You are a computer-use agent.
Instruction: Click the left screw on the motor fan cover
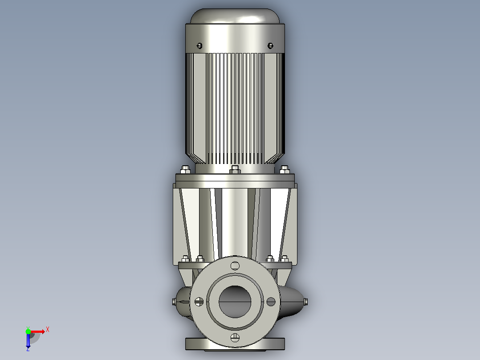[x=199, y=45]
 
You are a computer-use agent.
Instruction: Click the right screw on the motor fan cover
[x=270, y=45]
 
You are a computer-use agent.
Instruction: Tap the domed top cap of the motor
[x=235, y=16]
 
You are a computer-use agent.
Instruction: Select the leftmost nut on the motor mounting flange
[x=185, y=169]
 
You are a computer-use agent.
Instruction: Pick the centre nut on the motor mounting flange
[x=235, y=169]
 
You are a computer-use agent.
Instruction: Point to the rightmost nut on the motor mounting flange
[x=285, y=169]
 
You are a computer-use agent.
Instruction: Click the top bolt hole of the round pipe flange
[x=235, y=266]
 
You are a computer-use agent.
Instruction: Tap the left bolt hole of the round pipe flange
[x=199, y=302]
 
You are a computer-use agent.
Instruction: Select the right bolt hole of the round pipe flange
[x=271, y=302]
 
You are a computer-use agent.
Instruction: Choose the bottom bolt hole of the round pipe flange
[x=235, y=338]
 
